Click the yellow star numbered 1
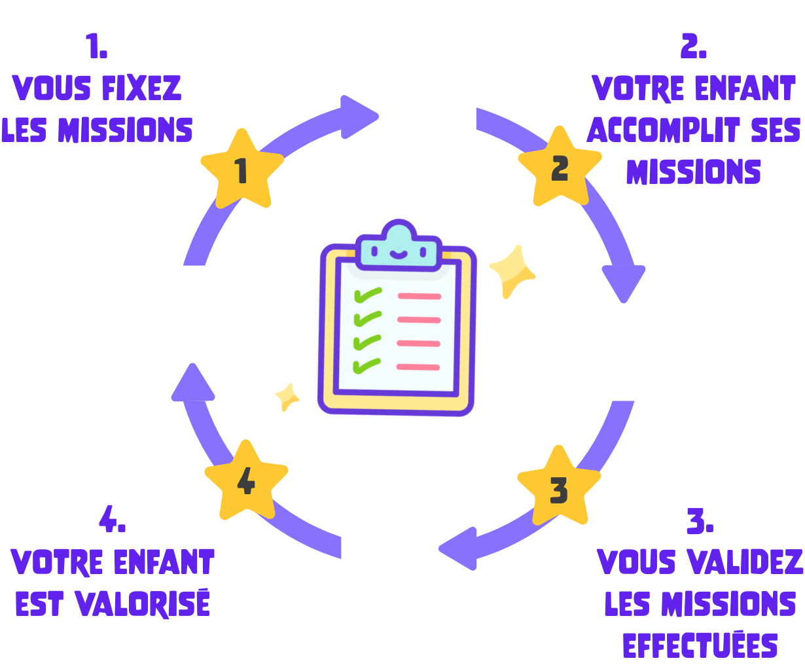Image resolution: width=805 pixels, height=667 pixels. coord(241,170)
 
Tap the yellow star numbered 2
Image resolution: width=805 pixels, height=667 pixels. coord(560,168)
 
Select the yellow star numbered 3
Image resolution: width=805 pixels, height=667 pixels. coord(559,488)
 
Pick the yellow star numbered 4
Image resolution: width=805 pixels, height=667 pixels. coord(246,482)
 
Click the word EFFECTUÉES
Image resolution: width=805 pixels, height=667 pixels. coord(700,645)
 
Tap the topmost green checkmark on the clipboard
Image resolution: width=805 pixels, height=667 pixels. coord(367,296)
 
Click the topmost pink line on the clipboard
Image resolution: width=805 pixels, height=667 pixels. coord(419,297)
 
